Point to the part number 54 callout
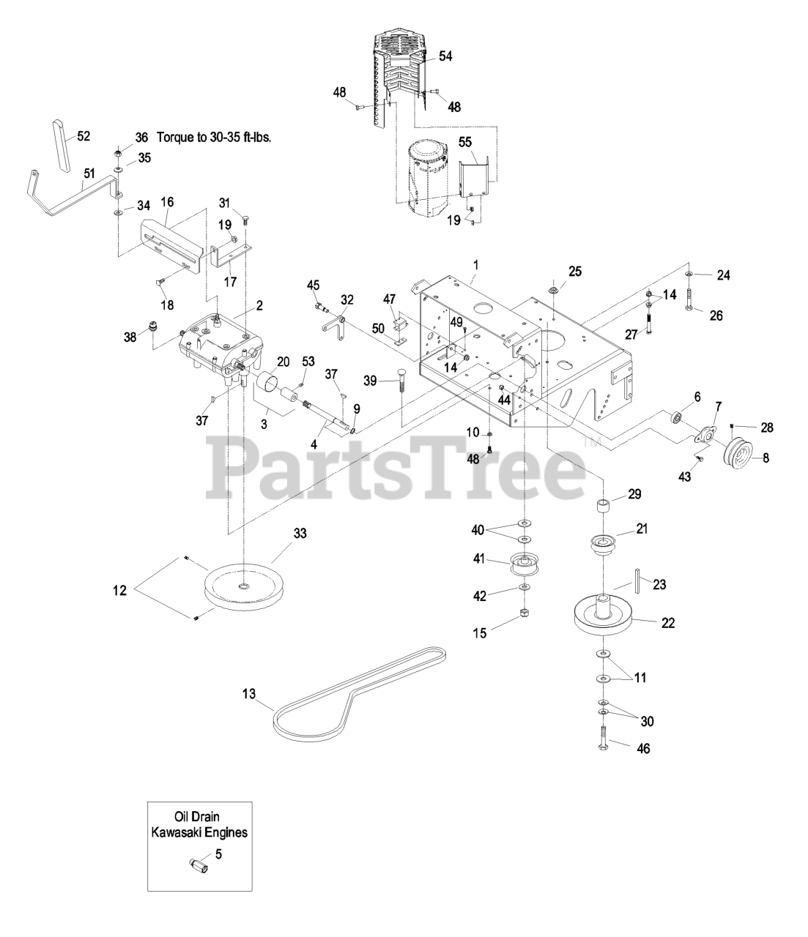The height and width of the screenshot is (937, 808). (x=446, y=56)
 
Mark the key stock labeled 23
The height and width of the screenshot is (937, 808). (x=639, y=581)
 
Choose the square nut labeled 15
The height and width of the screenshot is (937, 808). (x=525, y=613)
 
